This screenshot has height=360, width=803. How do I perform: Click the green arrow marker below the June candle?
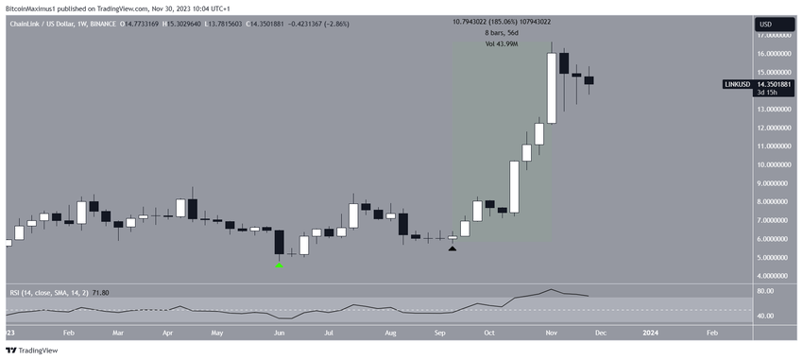279,266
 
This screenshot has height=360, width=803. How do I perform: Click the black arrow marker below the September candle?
453,247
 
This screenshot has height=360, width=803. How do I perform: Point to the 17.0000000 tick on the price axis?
769,35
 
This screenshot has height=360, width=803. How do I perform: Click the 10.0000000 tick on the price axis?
769,165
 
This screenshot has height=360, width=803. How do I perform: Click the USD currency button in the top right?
764,24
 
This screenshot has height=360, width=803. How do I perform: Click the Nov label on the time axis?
549,334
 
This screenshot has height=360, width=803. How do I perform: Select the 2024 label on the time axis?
650,334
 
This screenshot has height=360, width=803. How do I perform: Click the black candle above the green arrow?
279,242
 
